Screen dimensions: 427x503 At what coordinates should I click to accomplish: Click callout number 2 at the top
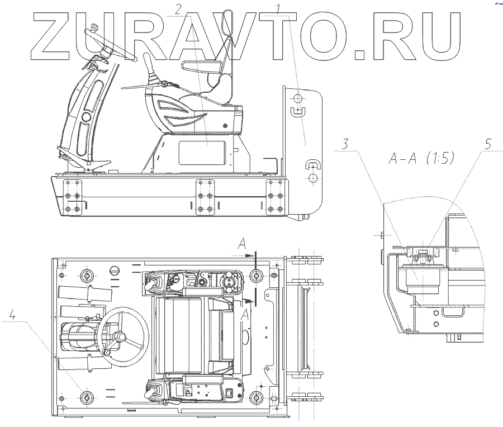tap(178, 8)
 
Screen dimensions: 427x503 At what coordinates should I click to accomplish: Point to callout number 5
tap(488, 144)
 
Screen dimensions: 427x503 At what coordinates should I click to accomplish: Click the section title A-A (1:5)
tap(421, 158)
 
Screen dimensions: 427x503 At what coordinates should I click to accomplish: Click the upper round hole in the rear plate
tap(298, 98)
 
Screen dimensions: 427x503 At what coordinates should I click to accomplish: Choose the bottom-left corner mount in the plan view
tap(86, 397)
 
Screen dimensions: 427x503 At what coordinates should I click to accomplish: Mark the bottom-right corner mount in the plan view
tap(256, 397)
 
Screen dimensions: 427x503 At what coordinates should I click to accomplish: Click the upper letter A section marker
tap(241, 243)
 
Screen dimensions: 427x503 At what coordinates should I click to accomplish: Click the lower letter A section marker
tap(242, 315)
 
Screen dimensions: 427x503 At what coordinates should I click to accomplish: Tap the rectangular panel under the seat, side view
tap(202, 151)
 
